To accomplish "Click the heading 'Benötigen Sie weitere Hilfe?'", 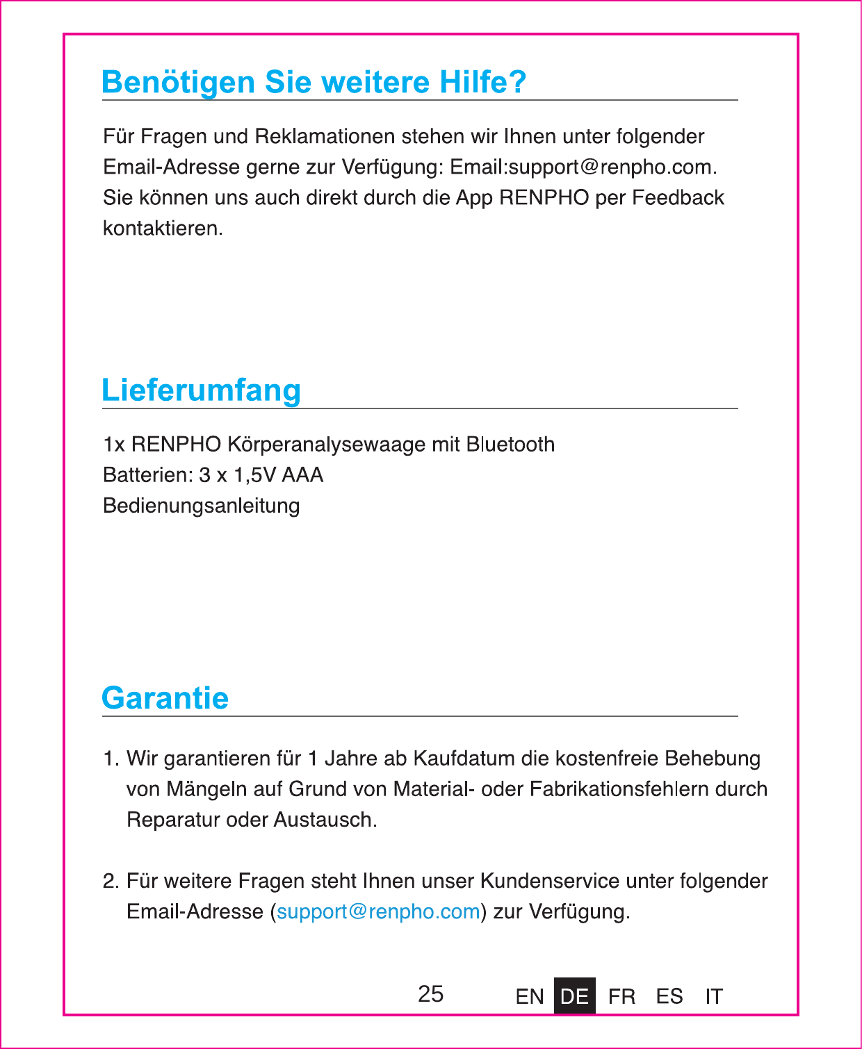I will click(x=314, y=82).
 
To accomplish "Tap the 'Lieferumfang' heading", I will click(x=201, y=390).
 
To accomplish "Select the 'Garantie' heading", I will click(x=165, y=698).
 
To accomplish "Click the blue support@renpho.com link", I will click(x=378, y=911).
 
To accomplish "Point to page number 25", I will click(x=430, y=994).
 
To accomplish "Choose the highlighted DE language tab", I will click(x=574, y=996).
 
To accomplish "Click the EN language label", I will click(x=530, y=997).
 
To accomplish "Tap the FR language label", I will click(x=621, y=997).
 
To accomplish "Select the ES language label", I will click(x=669, y=997).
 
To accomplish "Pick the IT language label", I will click(x=714, y=997).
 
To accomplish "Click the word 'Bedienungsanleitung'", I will click(x=201, y=506).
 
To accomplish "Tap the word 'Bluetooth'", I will click(x=510, y=445).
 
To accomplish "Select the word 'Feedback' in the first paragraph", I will click(x=678, y=198).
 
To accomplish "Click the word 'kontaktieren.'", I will click(x=163, y=229).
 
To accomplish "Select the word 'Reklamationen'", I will click(x=325, y=136).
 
